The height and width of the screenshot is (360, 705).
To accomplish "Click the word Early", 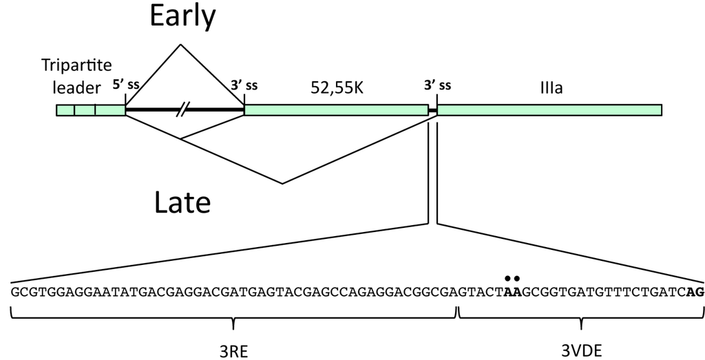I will pyautogui.click(x=182, y=17).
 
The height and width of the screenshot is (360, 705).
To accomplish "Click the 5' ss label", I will pyautogui.click(x=126, y=86).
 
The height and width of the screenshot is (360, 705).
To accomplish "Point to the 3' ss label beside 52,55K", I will pyautogui.click(x=244, y=86).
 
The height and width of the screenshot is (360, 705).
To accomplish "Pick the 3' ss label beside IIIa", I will pyautogui.click(x=437, y=86).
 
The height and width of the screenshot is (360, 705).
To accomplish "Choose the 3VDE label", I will pyautogui.click(x=582, y=350).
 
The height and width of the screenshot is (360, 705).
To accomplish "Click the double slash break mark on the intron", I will pyautogui.click(x=182, y=109).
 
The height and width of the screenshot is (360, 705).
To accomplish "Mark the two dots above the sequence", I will pyautogui.click(x=511, y=278).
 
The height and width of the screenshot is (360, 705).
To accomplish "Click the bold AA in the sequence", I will pyautogui.click(x=511, y=292).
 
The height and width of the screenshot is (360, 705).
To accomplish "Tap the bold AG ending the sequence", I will pyautogui.click(x=695, y=292).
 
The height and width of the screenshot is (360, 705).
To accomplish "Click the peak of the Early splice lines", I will pyautogui.click(x=180, y=45).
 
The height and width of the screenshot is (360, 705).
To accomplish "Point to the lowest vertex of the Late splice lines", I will pyautogui.click(x=282, y=184).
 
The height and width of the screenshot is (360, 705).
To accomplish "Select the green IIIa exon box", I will pyautogui.click(x=549, y=110).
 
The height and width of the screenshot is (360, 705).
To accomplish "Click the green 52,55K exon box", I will pyautogui.click(x=336, y=110).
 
